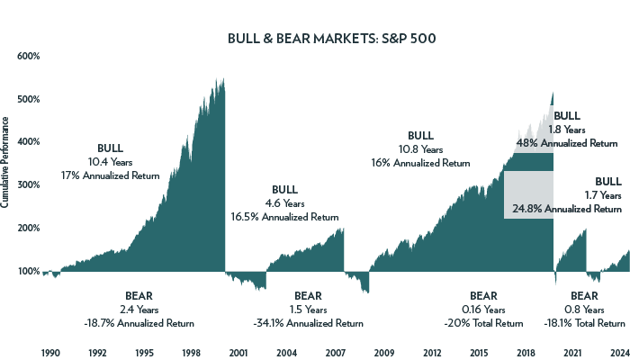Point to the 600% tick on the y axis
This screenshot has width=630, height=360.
29,56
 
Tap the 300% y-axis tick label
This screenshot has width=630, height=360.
29,184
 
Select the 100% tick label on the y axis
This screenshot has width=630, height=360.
29,271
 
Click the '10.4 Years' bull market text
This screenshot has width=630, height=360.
110,162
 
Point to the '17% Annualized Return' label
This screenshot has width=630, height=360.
110,175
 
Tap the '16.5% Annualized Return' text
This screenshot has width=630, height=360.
284,217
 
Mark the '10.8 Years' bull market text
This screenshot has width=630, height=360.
420,149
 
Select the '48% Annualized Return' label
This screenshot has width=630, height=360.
567,143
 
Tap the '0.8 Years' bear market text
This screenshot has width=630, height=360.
584,310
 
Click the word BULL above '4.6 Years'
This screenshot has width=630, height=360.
284,190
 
